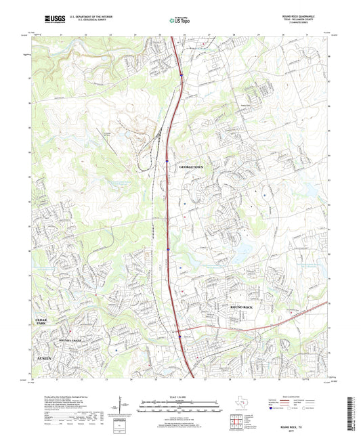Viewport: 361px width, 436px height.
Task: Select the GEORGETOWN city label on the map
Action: point(191,166)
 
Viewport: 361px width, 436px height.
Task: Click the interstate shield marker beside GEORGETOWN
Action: point(167,161)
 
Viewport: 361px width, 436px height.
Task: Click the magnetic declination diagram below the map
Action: point(121,407)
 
